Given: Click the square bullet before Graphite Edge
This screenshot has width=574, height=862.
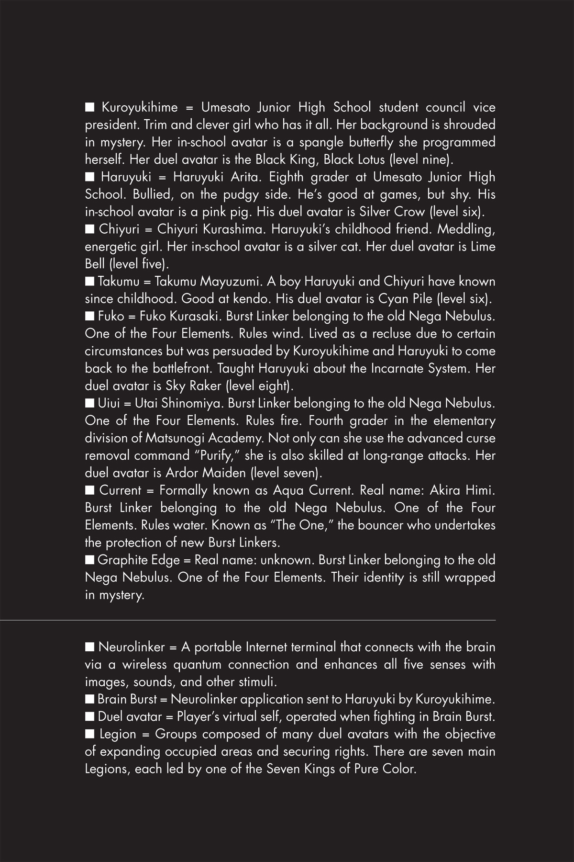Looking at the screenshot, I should [x=89, y=560].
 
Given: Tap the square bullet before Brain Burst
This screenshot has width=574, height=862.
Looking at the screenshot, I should [x=89, y=699].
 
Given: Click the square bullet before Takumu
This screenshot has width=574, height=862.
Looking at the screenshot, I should [x=89, y=281].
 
